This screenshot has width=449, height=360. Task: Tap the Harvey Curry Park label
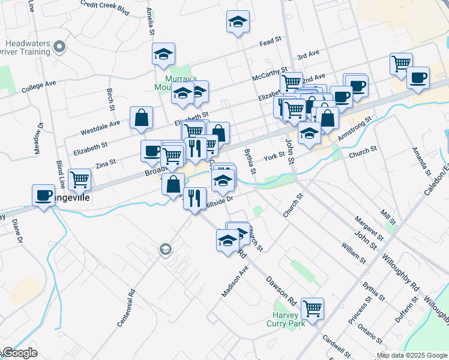(286, 319)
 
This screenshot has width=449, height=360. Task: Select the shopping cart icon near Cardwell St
(312, 308)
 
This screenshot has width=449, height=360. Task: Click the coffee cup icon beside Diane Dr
(43, 195)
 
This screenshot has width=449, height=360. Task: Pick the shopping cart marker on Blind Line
(79, 178)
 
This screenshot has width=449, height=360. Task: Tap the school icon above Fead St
(238, 22)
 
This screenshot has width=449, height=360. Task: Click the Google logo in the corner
(20, 353)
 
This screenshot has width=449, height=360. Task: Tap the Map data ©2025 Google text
(412, 355)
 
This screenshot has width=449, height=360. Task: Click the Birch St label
(111, 100)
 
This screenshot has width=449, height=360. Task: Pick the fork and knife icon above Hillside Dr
(194, 198)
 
